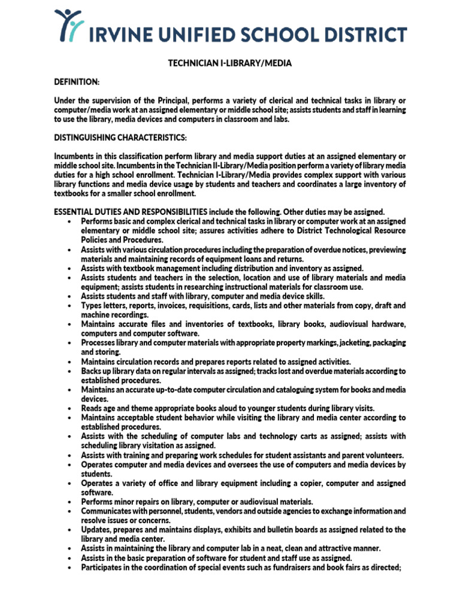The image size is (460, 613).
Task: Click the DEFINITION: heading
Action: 77,81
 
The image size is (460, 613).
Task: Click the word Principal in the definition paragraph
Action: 177,99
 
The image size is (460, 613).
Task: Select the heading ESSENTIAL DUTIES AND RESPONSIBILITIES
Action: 131,212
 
